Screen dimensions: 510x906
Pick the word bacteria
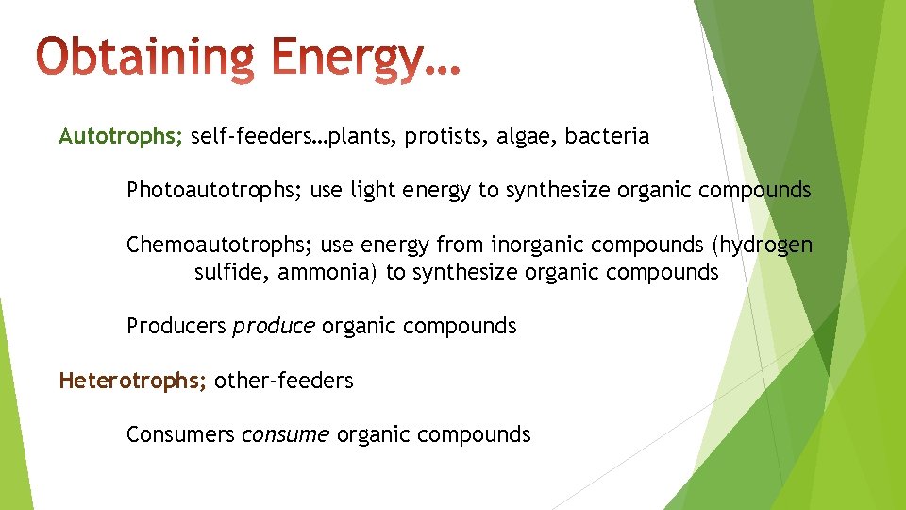click(608, 137)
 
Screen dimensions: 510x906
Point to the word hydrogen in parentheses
click(764, 246)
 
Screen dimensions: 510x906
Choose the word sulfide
click(225, 273)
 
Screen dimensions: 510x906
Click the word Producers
click(176, 327)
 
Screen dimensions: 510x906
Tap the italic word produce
click(274, 327)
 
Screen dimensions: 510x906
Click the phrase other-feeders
click(284, 381)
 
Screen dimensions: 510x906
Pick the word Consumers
click(180, 434)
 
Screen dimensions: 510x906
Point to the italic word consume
click(285, 434)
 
